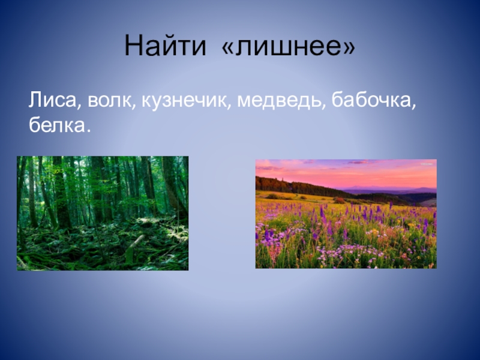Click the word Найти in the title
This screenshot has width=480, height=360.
click(x=166, y=46)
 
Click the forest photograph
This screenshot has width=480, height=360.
click(x=103, y=213)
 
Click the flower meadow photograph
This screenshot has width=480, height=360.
click(x=346, y=214)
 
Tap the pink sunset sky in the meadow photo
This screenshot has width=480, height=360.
click(x=346, y=173)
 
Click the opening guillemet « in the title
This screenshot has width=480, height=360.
click(x=227, y=48)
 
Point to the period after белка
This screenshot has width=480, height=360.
click(x=88, y=131)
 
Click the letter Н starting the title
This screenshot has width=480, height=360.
click(x=134, y=46)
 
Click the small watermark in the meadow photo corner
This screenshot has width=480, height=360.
click(x=427, y=164)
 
